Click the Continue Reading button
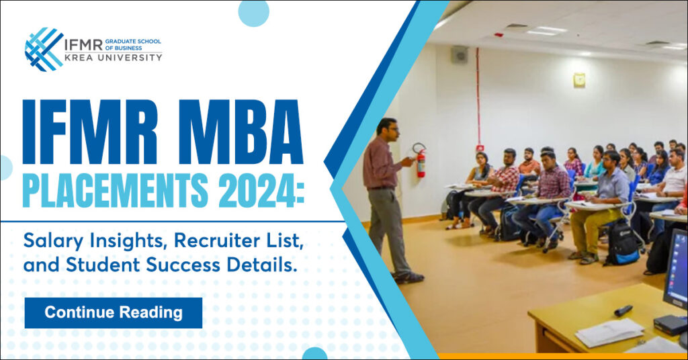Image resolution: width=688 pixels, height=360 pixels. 113,312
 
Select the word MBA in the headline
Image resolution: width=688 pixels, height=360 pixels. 241,132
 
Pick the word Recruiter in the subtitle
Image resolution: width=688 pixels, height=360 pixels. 215,240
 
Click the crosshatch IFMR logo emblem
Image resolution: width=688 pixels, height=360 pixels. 44,50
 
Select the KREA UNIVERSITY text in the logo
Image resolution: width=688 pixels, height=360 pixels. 114,58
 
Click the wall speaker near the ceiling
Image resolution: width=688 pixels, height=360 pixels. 460,54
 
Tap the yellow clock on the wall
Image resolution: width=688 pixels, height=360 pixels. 579,80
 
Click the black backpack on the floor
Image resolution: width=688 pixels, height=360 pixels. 623,243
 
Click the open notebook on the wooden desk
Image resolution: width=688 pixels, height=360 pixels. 609,332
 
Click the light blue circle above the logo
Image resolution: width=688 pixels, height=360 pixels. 253,13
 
